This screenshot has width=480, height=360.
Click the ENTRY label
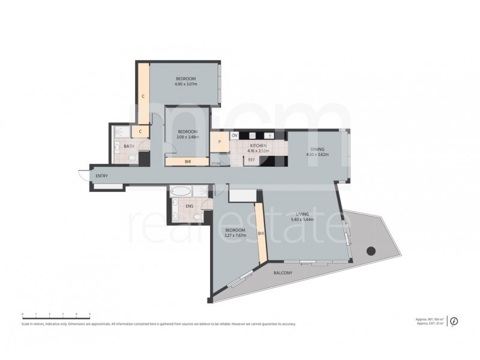point(102,176)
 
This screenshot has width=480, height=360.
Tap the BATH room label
point(129,146)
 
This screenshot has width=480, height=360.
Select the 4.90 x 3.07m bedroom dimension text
point(187,85)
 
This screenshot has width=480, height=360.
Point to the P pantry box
point(220,143)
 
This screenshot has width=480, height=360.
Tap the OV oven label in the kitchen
point(235,136)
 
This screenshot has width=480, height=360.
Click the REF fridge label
point(251,160)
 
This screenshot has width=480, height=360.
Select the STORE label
point(217,162)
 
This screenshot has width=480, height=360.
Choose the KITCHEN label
point(259,146)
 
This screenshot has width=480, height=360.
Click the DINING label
point(317,149)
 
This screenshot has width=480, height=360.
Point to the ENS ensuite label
point(190,207)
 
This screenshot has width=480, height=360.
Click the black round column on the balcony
point(371,251)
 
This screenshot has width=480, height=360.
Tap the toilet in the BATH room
point(131,158)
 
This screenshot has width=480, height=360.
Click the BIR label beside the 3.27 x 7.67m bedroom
point(260,233)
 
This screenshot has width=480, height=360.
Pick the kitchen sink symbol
point(269,136)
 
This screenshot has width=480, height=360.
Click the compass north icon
point(454,321)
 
